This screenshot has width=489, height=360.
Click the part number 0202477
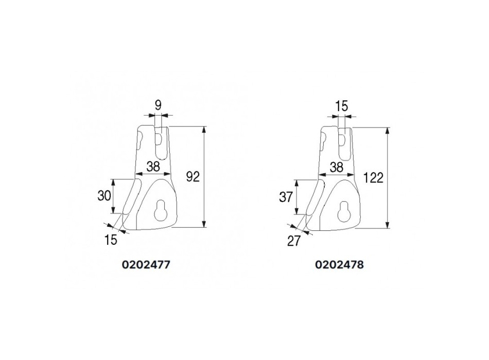pyautogui.click(x=146, y=265)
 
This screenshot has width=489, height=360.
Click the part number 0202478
pyautogui.click(x=339, y=265)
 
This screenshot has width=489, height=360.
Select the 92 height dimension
pyautogui.click(x=193, y=177)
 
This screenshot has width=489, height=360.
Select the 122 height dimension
pyautogui.click(x=373, y=178)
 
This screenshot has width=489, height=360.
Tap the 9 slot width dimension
pyautogui.click(x=159, y=105)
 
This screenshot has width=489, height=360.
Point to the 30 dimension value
pyautogui.click(x=104, y=196)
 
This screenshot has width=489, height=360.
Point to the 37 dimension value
pyautogui.click(x=286, y=197)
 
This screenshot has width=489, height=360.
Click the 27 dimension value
pyautogui.click(x=293, y=241)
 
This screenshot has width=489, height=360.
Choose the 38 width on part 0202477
pyautogui.click(x=153, y=167)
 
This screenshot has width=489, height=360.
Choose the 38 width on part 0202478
pyautogui.click(x=337, y=167)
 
